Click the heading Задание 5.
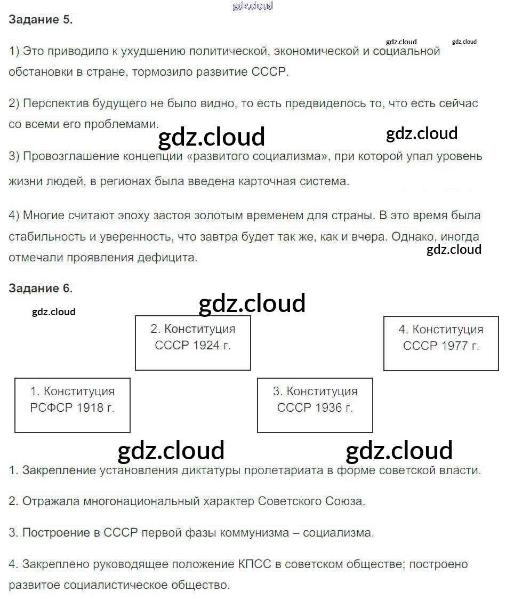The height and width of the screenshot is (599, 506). coord(41,20)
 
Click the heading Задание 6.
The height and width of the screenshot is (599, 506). coord(41,289)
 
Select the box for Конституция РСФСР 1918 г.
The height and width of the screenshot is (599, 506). coord(73,405)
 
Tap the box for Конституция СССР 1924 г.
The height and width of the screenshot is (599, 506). coord(192,342)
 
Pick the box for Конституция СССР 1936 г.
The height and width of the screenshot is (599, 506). coord(315,405)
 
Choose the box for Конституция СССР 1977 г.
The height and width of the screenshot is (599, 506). coord(441,342)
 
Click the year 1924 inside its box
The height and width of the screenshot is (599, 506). coord(206,346)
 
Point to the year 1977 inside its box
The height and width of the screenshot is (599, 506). coord(454,346)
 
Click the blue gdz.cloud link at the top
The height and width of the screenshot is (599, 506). coord(253,6)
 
